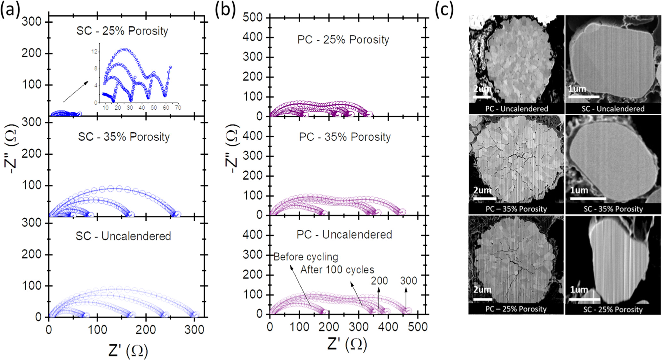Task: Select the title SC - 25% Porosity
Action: tap(122, 31)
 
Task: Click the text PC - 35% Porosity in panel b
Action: tap(345, 137)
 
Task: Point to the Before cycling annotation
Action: tap(306, 257)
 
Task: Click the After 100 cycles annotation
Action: tap(337, 270)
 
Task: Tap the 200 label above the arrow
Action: tap(379, 281)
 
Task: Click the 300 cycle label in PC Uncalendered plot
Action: tap(408, 281)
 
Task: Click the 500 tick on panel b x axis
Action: tap(418, 327)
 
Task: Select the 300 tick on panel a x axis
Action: tap(194, 330)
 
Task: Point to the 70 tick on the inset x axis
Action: tap(178, 108)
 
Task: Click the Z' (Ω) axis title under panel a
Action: tap(128, 351)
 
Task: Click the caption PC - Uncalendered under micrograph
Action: tap(516, 109)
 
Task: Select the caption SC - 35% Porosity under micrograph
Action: tap(613, 209)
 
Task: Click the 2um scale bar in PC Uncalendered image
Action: tap(482, 96)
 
